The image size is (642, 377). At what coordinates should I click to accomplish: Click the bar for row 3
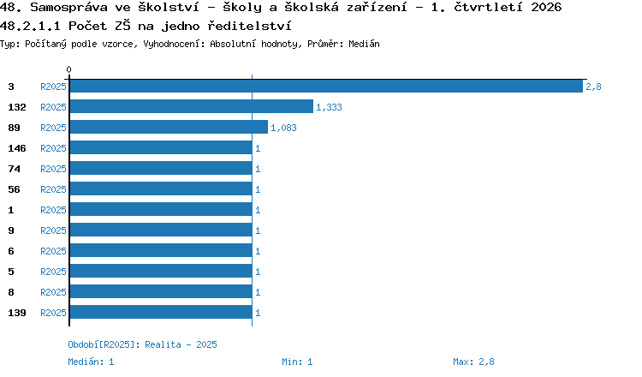click(x=326, y=87)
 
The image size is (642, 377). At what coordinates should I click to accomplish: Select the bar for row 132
click(x=192, y=106)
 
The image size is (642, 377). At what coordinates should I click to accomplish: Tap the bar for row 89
click(x=169, y=127)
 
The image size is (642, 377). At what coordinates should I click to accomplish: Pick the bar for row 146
click(x=161, y=147)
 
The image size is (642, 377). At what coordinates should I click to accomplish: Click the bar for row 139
click(x=161, y=312)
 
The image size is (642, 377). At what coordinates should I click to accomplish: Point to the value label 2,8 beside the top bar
click(x=593, y=87)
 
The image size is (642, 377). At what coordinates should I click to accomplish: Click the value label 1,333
click(x=329, y=107)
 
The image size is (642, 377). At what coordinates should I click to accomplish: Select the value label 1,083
click(x=283, y=128)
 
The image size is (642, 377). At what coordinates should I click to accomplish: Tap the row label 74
click(x=14, y=169)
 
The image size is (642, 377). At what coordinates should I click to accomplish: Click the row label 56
click(x=14, y=189)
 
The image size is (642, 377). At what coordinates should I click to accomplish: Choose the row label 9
click(x=11, y=230)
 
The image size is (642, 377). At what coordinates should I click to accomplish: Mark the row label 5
click(x=11, y=272)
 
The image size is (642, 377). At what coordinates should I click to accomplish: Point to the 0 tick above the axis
click(x=68, y=69)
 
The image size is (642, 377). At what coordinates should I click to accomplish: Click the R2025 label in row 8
click(x=53, y=292)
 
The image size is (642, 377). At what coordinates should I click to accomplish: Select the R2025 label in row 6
click(x=53, y=251)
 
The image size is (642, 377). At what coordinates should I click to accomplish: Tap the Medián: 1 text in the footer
click(x=91, y=362)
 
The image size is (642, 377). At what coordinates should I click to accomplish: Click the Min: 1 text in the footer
click(x=297, y=362)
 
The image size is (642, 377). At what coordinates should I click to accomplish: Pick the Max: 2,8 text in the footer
click(x=473, y=362)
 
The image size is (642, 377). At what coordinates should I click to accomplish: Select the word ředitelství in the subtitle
click(x=249, y=26)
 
